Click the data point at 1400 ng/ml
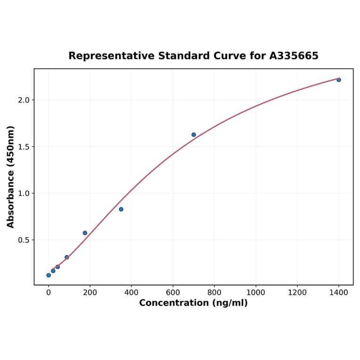tap(338, 80)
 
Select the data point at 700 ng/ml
tap(194, 135)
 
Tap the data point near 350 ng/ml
tap(121, 209)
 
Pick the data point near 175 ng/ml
tap(85, 233)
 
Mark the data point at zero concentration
tap(49, 275)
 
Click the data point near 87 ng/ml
tap(67, 257)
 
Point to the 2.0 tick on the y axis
tap(24, 100)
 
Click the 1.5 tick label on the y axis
tap(24, 147)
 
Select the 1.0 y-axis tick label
tap(24, 193)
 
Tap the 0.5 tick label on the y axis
tap(24, 240)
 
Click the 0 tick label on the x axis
tap(49, 292)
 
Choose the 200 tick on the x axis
tap(90, 292)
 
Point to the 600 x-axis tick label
tap(173, 292)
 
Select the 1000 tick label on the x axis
tap(255, 292)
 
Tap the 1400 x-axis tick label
tap(338, 292)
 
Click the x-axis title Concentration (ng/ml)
tap(193, 303)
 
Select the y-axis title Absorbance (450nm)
tap(11, 177)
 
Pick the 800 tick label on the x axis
tap(214, 292)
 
